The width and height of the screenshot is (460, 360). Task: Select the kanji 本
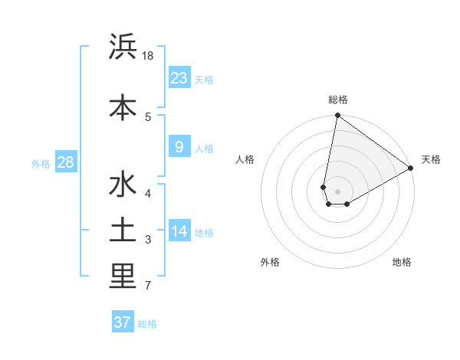[123, 106]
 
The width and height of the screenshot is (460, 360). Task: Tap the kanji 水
[123, 186]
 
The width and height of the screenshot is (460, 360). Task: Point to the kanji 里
[123, 277]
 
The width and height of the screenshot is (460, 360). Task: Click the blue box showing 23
[179, 77]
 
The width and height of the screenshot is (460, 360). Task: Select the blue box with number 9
[179, 147]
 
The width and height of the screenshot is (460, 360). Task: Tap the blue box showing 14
[179, 231]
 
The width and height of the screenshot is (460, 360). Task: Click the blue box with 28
[65, 162]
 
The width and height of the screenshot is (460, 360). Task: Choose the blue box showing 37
[123, 322]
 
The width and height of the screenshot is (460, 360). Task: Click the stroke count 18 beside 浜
[148, 57]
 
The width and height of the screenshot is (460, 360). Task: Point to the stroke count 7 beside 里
[147, 286]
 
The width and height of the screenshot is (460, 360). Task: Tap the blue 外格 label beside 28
[41, 163]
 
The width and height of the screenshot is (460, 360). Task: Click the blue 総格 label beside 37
[147, 324]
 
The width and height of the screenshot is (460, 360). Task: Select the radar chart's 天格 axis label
[431, 160]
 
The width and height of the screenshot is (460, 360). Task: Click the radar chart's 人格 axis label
[245, 160]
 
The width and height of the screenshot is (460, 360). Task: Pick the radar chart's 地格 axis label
[402, 262]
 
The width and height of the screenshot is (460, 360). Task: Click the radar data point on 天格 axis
[411, 168]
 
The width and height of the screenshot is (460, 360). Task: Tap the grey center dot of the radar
[337, 191]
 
